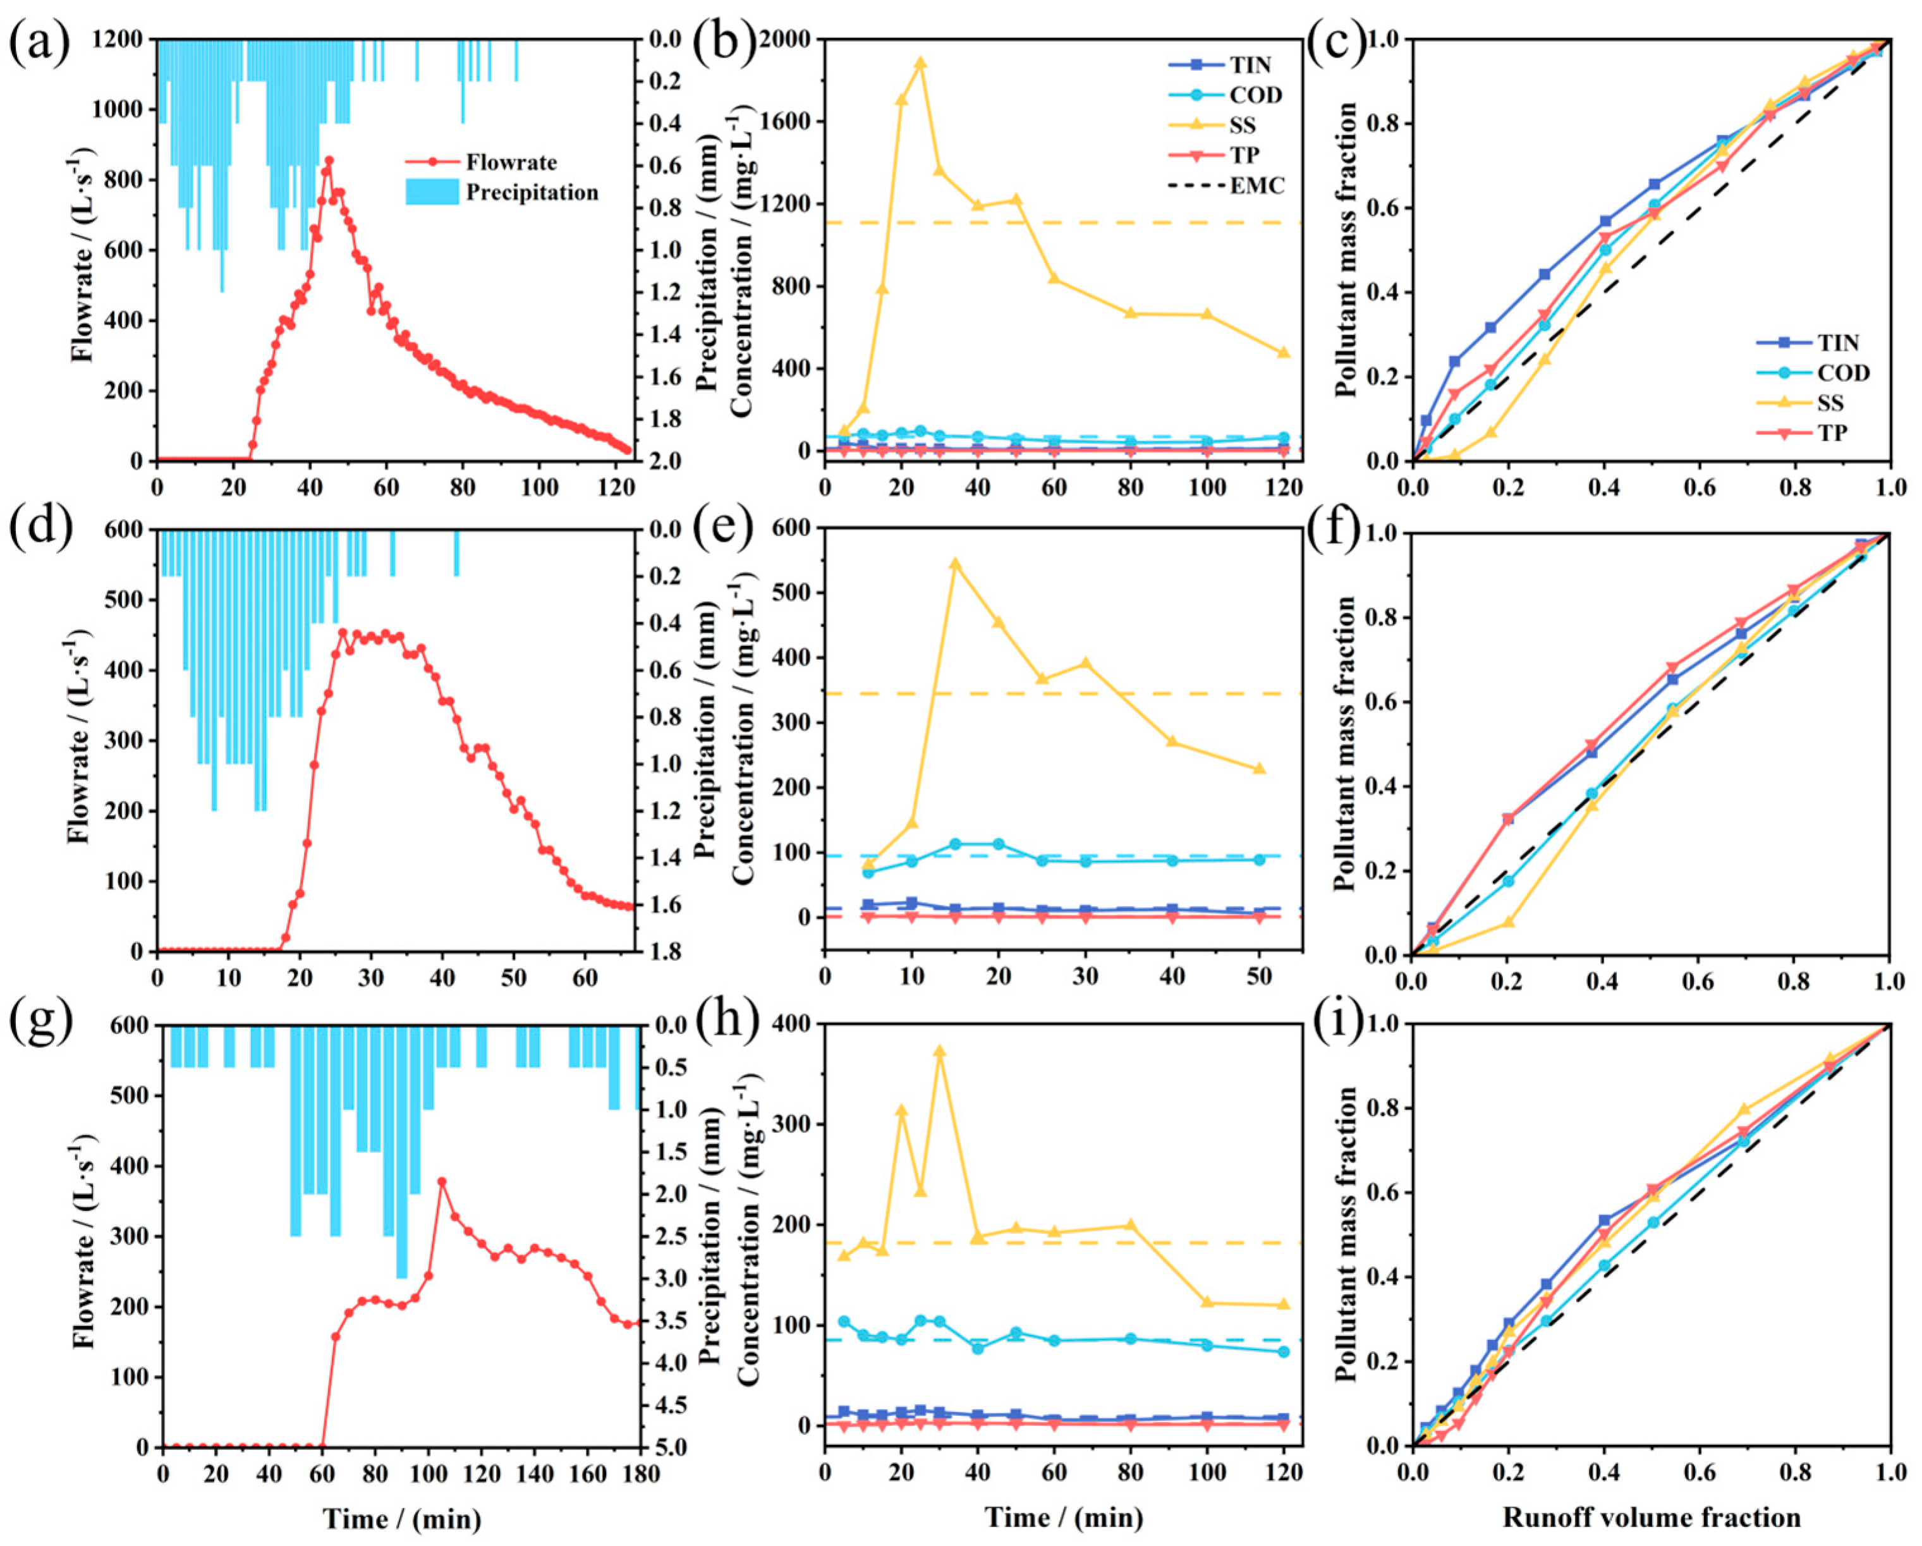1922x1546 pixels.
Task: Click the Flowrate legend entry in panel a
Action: tap(510, 162)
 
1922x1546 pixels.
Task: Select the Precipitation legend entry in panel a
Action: tap(532, 193)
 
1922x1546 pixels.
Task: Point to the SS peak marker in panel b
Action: tap(920, 63)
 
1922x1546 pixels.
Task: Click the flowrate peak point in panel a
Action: tap(328, 161)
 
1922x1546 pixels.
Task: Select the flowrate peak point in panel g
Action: tap(441, 1181)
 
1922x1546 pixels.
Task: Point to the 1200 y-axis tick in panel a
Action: tap(118, 40)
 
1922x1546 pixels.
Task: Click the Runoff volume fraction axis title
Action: tap(1651, 1518)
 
